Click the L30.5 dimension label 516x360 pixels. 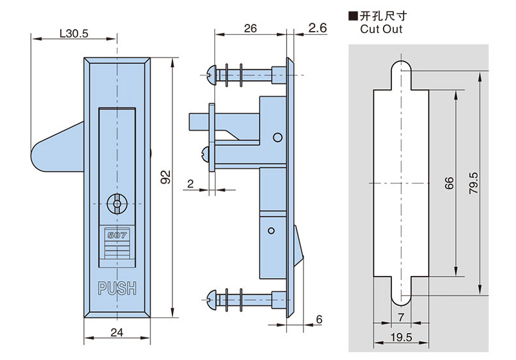(73, 33)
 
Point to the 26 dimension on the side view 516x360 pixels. (251, 28)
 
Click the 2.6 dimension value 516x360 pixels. (318, 28)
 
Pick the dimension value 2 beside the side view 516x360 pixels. (191, 184)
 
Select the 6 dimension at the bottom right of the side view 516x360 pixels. (319, 319)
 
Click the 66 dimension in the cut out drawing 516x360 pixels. (449, 182)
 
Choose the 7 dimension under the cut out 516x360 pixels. (401, 317)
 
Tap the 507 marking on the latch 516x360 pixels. (117, 236)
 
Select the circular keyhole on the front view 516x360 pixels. (117, 204)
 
